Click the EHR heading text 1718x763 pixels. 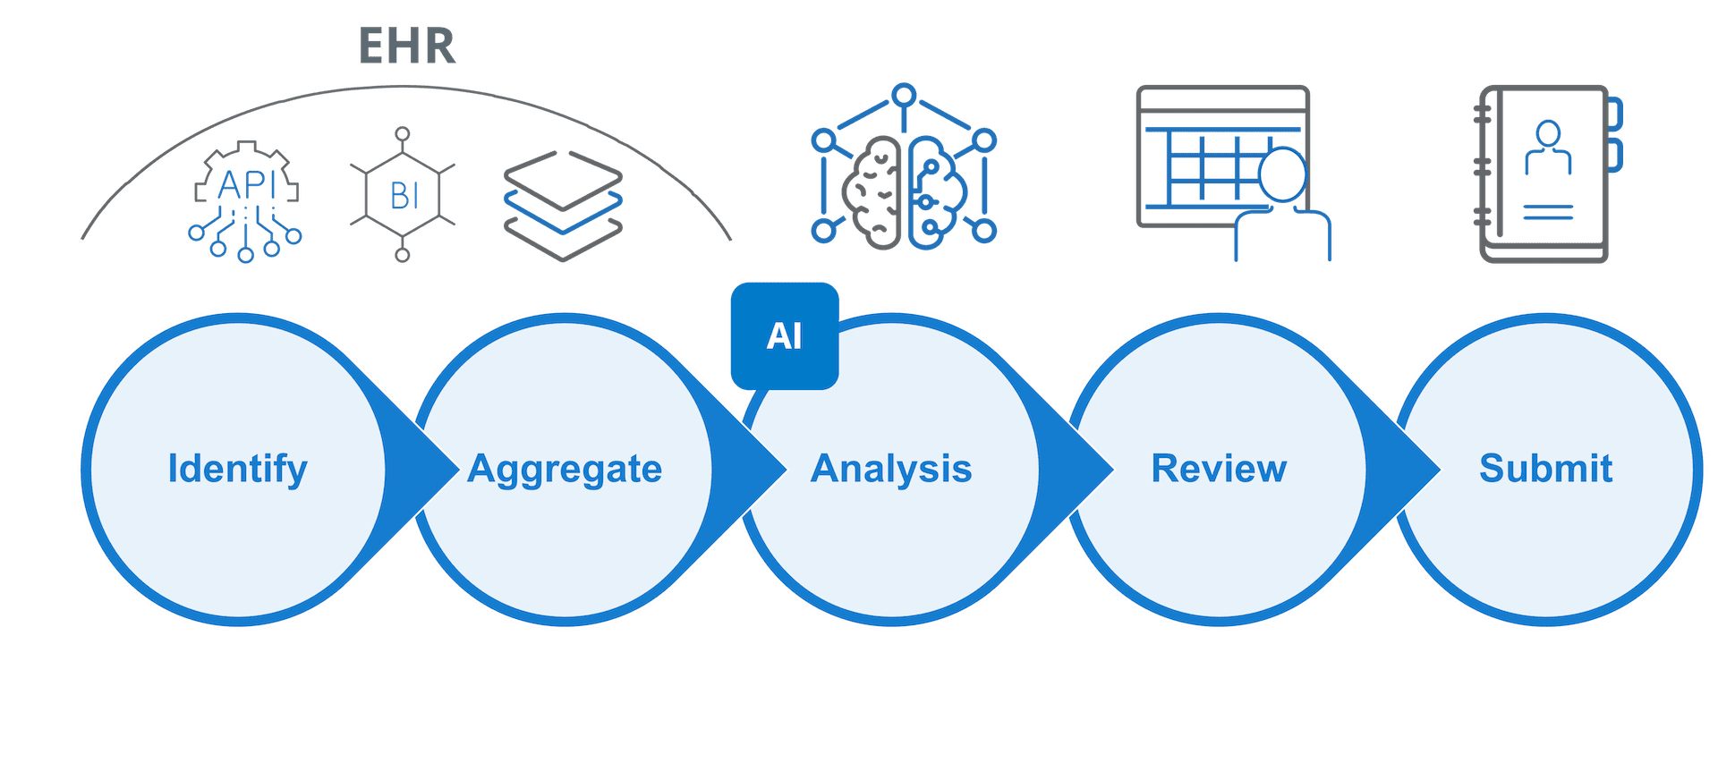pyautogui.click(x=407, y=46)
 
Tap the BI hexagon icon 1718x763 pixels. pyautogui.click(x=403, y=194)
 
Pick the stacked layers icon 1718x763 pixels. pyautogui.click(x=563, y=205)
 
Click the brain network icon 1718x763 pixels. pyautogui.click(x=904, y=170)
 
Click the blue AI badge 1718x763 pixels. pyautogui.click(x=784, y=336)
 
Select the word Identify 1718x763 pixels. pyautogui.click(x=238, y=469)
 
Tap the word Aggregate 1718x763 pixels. pyautogui.click(x=565, y=469)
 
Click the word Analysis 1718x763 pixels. pyautogui.click(x=891, y=469)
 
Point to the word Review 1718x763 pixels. pyautogui.click(x=1219, y=469)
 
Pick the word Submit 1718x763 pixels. pyautogui.click(x=1545, y=469)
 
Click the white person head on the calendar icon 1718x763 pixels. pyautogui.click(x=1282, y=174)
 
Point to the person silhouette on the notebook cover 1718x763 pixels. pyautogui.click(x=1548, y=148)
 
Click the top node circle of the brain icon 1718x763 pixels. pyautogui.click(x=905, y=92)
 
